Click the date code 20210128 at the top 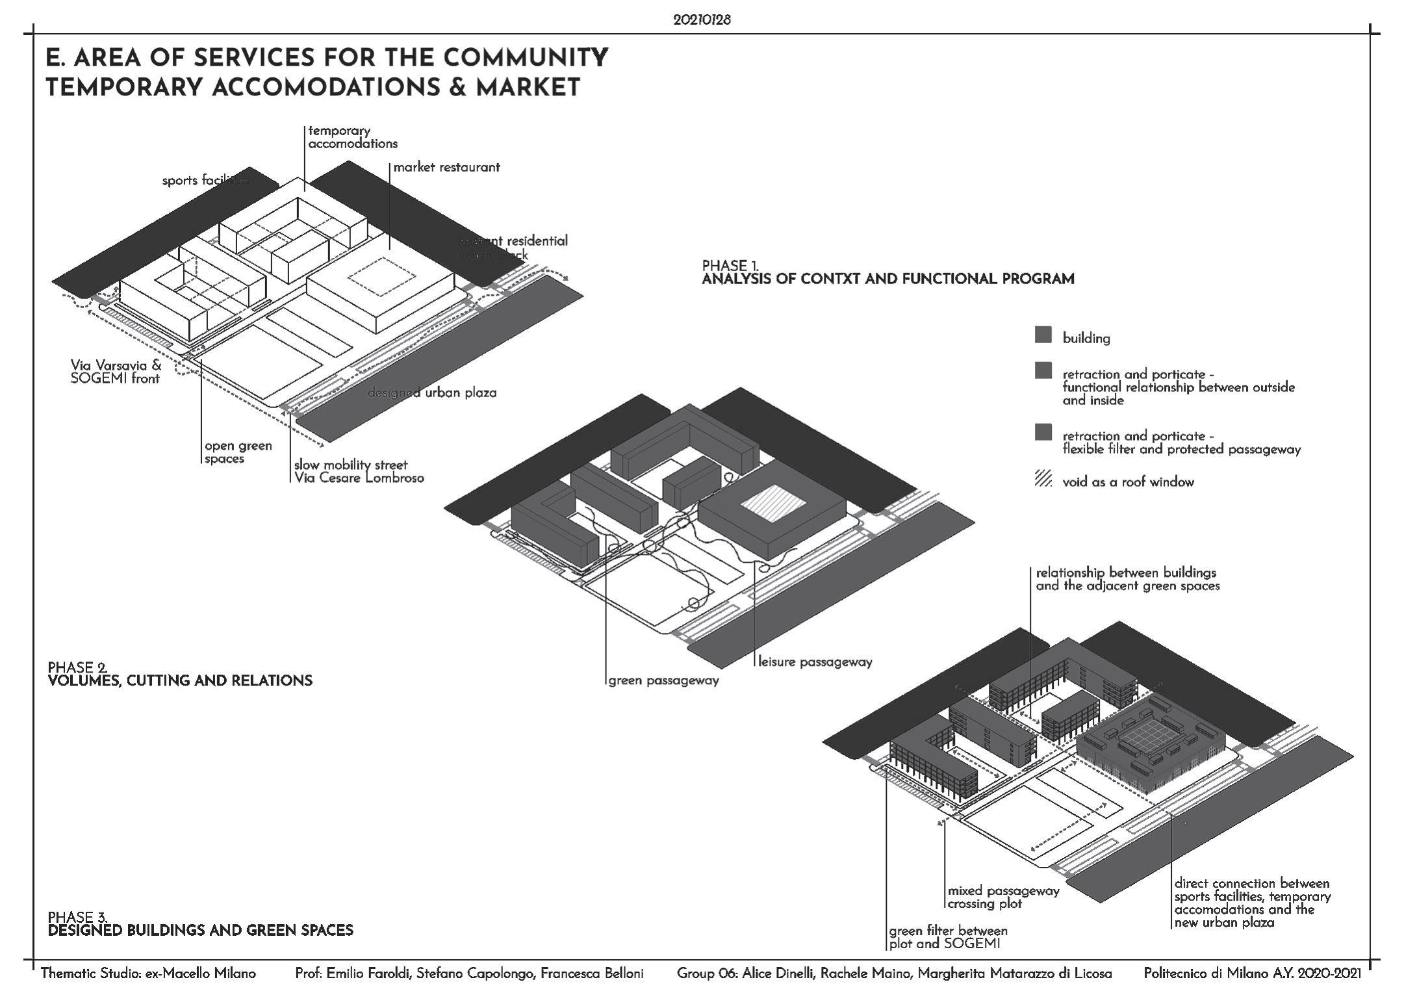(x=702, y=20)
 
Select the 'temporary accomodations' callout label (x=352, y=137)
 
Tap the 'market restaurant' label (x=446, y=167)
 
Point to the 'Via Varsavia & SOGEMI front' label (x=116, y=372)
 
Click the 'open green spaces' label (x=238, y=452)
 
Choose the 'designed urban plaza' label (x=431, y=393)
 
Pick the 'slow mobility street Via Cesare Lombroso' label (x=359, y=471)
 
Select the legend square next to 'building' (x=1043, y=335)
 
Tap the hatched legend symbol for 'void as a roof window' (x=1043, y=481)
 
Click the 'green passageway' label (x=663, y=681)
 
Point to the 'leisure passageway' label (x=815, y=662)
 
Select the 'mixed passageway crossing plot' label (x=1003, y=897)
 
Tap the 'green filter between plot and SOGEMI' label (x=948, y=937)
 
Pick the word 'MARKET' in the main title (x=528, y=88)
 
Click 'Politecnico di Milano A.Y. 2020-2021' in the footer (x=1251, y=974)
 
